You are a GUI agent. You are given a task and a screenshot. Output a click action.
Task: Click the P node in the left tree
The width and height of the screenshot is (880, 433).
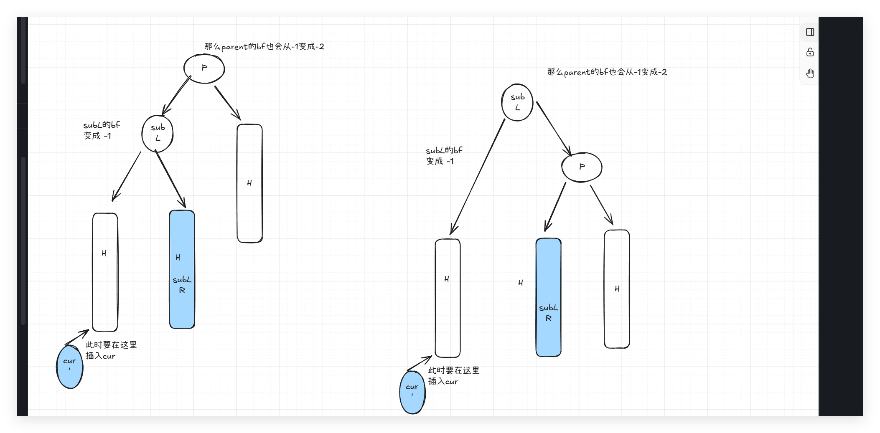coord(204,68)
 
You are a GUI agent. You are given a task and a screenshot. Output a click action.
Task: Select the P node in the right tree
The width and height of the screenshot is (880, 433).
coord(582,167)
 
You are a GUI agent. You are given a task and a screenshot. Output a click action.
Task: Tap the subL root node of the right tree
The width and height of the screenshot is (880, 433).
coord(517,102)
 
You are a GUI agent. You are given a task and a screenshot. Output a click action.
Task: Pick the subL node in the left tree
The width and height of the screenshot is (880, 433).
coord(158,133)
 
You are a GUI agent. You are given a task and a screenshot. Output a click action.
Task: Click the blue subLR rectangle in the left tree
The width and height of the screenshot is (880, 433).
coord(182,269)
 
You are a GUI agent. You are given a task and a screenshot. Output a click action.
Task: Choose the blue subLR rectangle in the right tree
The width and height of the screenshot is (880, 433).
coord(548,297)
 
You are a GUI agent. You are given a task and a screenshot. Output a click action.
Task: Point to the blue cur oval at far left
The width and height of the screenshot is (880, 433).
coord(70,367)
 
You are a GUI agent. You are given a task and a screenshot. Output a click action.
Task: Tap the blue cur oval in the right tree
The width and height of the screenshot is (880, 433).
coord(412,392)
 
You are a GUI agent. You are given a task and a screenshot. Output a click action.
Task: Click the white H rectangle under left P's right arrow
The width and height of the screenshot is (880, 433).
coord(249,183)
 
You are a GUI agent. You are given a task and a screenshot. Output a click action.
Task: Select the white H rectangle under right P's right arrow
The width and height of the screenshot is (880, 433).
coord(617,289)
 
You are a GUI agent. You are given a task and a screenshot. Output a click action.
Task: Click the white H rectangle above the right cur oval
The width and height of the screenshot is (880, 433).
coord(448,298)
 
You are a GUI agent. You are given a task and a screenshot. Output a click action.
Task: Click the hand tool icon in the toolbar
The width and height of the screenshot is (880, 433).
coord(810,73)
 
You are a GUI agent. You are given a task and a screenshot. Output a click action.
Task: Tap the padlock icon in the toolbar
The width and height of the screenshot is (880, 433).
coord(810,53)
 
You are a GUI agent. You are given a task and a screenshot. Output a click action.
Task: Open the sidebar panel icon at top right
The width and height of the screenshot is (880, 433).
coord(810,32)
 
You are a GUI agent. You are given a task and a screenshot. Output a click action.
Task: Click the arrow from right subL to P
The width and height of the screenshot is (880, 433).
coord(554,129)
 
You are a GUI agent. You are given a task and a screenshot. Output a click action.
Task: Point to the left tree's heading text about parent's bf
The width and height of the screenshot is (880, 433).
coord(264,46)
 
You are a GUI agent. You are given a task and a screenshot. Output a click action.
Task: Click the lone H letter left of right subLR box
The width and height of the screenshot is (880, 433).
coord(520,283)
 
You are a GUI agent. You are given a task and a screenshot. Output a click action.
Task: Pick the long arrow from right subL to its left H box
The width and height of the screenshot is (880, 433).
coord(478,177)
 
